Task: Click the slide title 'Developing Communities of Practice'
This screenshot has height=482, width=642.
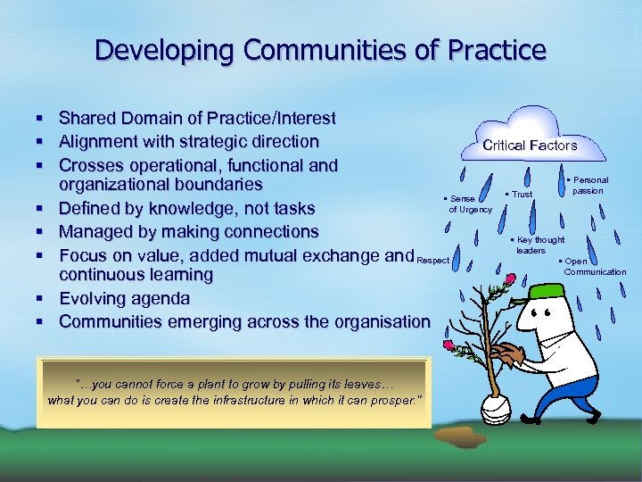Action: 320,50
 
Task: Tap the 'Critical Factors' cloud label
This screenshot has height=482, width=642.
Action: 530,145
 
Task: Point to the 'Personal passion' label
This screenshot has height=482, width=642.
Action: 588,186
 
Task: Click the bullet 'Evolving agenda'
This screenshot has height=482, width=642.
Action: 124,298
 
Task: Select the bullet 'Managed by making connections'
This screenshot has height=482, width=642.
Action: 188,231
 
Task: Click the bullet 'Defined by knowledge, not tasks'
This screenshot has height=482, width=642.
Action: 186,208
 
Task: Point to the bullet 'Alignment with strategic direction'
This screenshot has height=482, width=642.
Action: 188,141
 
